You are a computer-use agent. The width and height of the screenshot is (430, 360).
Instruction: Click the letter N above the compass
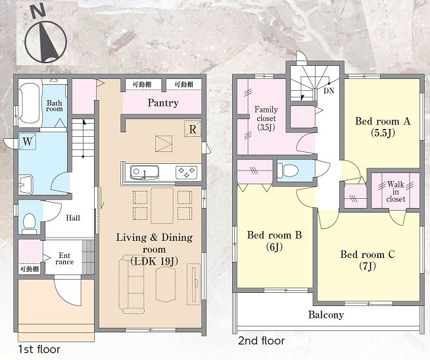pos(38,13)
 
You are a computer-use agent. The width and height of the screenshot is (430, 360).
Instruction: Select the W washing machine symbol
pos(28,141)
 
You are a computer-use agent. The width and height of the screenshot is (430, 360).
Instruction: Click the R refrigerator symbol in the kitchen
pos(193,129)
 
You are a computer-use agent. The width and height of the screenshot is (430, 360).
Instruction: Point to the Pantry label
pos(163,103)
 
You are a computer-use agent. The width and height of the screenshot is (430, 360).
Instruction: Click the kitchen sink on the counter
pos(144,172)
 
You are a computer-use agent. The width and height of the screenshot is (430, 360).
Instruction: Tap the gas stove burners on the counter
pos(186,172)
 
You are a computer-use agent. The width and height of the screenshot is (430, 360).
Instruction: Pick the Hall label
pos(73,218)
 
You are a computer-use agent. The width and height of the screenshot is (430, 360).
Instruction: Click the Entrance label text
pos(64,259)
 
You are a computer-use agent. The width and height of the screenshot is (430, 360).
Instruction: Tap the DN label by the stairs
pos(329,91)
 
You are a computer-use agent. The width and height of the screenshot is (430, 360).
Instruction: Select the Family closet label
pos(266,118)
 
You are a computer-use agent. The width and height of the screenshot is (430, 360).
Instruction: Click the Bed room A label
pos(383,127)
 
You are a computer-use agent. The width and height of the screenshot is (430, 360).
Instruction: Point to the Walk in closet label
pos(396,192)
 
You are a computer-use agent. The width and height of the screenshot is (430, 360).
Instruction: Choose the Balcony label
pos(326,315)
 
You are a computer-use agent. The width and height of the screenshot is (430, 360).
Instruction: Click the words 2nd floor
pos(261,341)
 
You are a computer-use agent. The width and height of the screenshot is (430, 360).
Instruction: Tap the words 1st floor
pos(39,349)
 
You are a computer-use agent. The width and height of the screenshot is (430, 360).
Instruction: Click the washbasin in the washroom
pos(26,184)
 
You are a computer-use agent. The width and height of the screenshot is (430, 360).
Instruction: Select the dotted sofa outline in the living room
pos(131,284)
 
